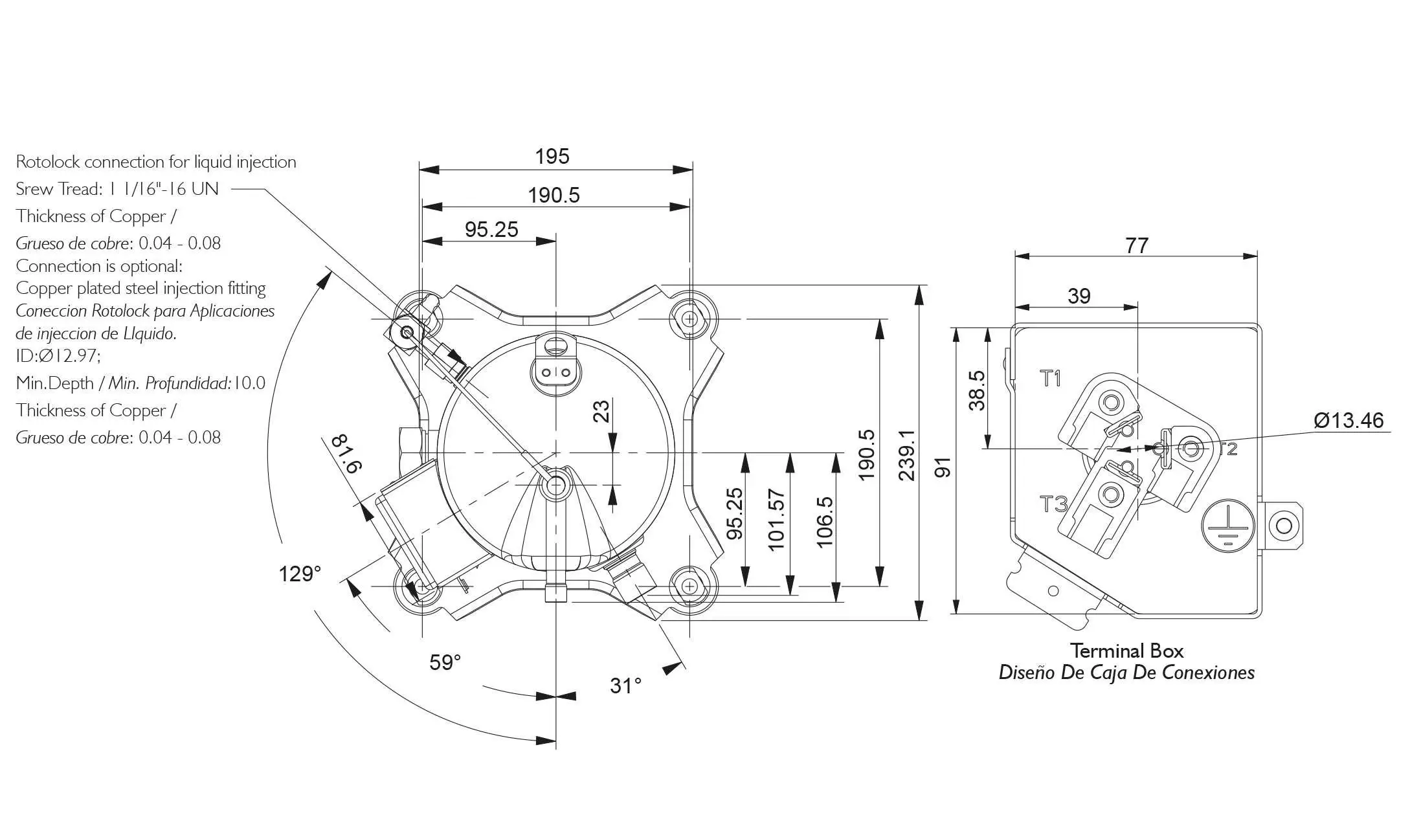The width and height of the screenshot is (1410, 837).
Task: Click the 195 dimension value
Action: tap(552, 157)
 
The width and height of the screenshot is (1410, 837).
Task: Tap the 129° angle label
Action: tap(299, 574)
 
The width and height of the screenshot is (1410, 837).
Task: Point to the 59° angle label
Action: tap(445, 662)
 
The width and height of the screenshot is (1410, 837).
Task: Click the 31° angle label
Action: tap(625, 686)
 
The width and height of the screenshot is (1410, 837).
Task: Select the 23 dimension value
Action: tap(601, 411)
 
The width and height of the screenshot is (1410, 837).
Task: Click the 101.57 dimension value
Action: tap(776, 520)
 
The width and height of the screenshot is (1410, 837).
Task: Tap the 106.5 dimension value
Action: tap(824, 522)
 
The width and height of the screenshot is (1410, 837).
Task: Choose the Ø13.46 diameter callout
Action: tap(1348, 421)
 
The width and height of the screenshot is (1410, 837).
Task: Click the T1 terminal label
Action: tap(1051, 378)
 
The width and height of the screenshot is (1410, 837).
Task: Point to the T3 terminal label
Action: tap(1053, 504)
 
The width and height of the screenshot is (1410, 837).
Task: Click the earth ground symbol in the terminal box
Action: tap(1228, 526)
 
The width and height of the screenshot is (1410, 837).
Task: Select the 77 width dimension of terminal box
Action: tap(1136, 246)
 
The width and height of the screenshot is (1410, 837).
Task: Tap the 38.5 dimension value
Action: tap(977, 390)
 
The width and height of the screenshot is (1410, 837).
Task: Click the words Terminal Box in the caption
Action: tap(1126, 651)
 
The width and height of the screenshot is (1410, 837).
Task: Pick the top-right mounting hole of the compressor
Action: tap(690, 318)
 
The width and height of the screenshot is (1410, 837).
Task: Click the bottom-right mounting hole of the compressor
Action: tap(690, 586)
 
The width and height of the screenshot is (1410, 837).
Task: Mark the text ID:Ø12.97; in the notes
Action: tap(58, 355)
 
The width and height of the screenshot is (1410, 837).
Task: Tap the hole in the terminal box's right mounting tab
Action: tap(1284, 525)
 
